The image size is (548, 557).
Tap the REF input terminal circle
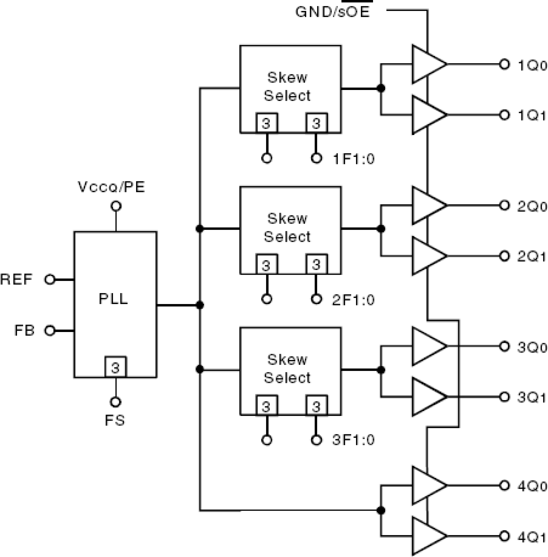[50, 280]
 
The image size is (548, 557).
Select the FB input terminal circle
[50, 331]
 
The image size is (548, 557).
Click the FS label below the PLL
[115, 420]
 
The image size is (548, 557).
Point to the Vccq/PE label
[111, 187]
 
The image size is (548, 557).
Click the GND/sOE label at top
[332, 12]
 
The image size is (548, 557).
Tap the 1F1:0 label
[353, 159]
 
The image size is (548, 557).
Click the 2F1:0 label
[353, 300]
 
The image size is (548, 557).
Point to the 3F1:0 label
[353, 439]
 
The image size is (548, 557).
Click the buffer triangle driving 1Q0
[427, 64]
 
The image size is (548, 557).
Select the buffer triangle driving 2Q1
[427, 256]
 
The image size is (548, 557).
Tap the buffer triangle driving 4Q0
[427, 485]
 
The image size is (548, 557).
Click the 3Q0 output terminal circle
[504, 346]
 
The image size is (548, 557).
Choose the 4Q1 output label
[532, 537]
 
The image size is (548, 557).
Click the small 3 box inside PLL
[115, 367]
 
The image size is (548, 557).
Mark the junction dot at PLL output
[200, 305]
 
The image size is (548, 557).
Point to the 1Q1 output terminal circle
[504, 115]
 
